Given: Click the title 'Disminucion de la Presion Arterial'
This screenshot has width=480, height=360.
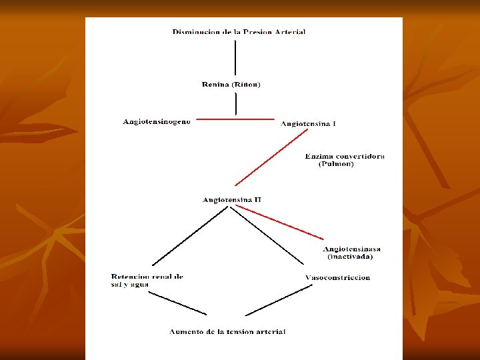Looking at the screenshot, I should click(x=239, y=32).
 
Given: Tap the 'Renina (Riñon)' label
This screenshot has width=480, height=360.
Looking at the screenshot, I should click(x=231, y=85).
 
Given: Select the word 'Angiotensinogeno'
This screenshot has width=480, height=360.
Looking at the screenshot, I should click(x=157, y=121).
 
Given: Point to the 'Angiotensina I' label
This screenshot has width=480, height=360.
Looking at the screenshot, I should click(x=307, y=123).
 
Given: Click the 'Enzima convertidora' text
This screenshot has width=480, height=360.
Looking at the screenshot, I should click(x=344, y=156).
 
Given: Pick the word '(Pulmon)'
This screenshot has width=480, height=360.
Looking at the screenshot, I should click(x=336, y=164).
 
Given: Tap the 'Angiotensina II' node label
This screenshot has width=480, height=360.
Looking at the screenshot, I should click(x=231, y=199).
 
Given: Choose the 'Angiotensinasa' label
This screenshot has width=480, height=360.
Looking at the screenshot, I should click(x=352, y=249).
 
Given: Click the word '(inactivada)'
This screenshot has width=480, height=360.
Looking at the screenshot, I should click(x=350, y=257).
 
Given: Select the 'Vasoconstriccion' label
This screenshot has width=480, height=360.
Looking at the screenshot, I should click(x=337, y=277).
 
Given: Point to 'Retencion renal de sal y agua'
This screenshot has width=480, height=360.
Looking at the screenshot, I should click(x=147, y=280).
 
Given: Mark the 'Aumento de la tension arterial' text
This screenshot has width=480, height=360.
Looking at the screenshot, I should click(x=227, y=331).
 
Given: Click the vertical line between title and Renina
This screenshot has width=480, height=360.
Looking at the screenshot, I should click(x=235, y=58).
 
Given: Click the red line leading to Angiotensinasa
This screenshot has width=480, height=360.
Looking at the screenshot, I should click(x=280, y=222).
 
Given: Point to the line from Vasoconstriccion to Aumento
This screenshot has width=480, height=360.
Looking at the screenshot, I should click(x=279, y=300).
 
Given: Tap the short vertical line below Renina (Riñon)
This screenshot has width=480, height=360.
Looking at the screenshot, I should click(x=235, y=103).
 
